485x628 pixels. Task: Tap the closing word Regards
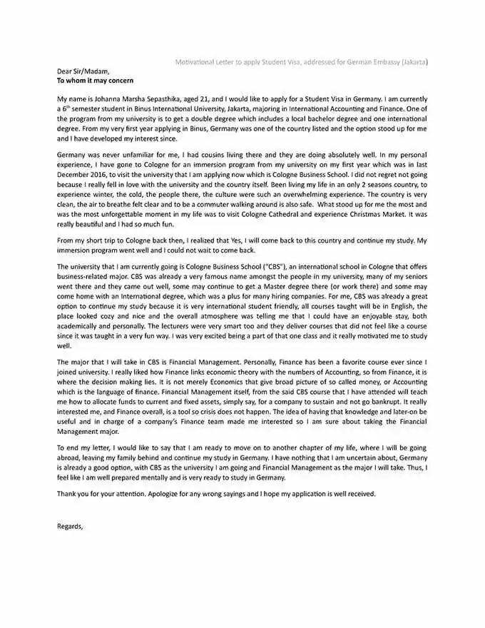71,527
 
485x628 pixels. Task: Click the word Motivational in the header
199,62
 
